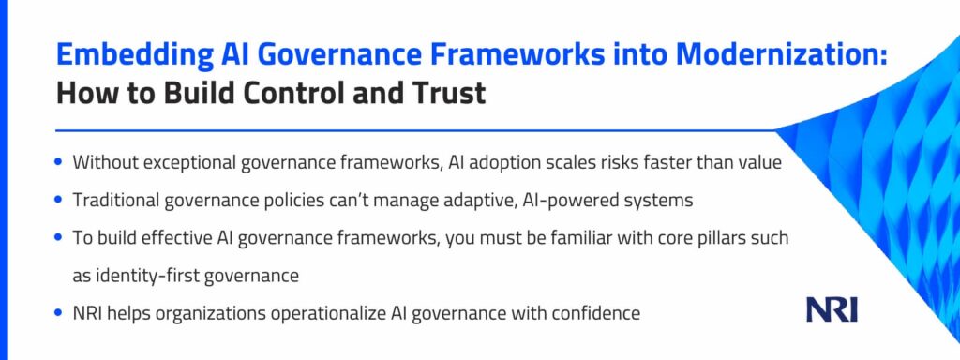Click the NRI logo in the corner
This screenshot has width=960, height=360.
tap(832, 310)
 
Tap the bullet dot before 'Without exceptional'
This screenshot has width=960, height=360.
tap(58, 163)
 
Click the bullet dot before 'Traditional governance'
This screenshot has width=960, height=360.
tap(58, 200)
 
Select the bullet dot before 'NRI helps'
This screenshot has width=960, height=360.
tap(58, 313)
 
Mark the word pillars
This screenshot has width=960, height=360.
tap(726, 237)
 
